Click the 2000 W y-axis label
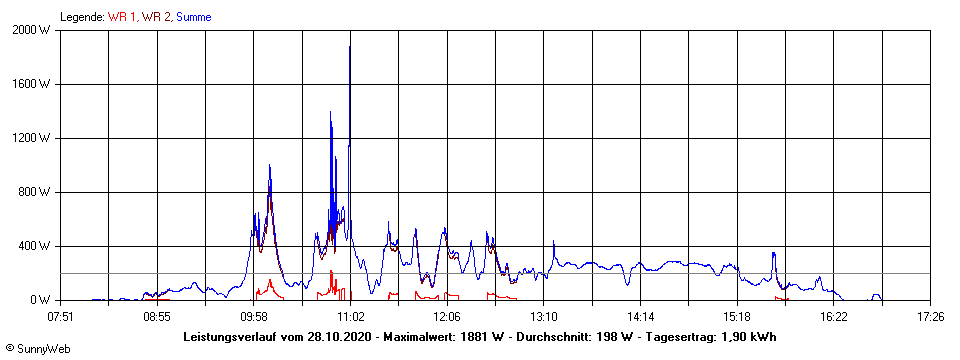click(x=33, y=30)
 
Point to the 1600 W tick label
click(x=33, y=84)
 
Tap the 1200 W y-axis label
click(x=33, y=138)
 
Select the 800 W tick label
click(x=36, y=192)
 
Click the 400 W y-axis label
click(x=36, y=246)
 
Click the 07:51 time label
click(x=61, y=316)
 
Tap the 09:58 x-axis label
click(x=254, y=316)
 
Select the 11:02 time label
click(x=350, y=316)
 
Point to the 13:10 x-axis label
click(x=544, y=316)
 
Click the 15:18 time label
click(x=737, y=316)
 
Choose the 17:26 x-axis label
click(x=930, y=316)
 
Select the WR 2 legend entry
click(x=156, y=16)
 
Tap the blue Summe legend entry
click(x=194, y=16)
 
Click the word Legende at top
click(x=81, y=16)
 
